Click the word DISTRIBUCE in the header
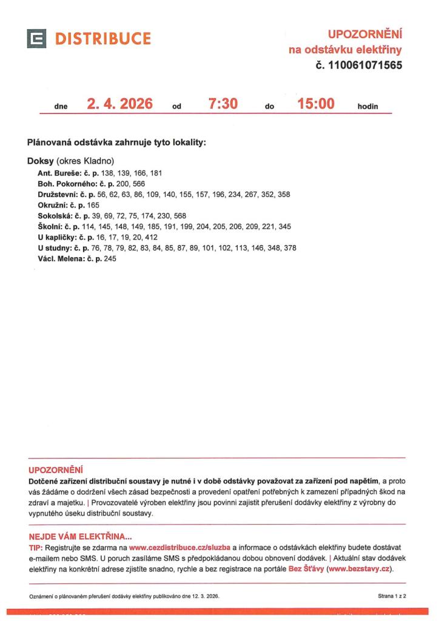[103, 39]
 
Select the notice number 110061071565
[365, 65]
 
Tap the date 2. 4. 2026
[119, 104]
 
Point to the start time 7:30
[223, 104]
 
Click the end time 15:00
[316, 104]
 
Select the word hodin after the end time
[367, 107]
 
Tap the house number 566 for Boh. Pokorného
[139, 183]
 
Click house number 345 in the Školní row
[285, 226]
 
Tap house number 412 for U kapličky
[150, 237]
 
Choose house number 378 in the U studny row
[290, 248]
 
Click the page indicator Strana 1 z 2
[392, 597]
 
